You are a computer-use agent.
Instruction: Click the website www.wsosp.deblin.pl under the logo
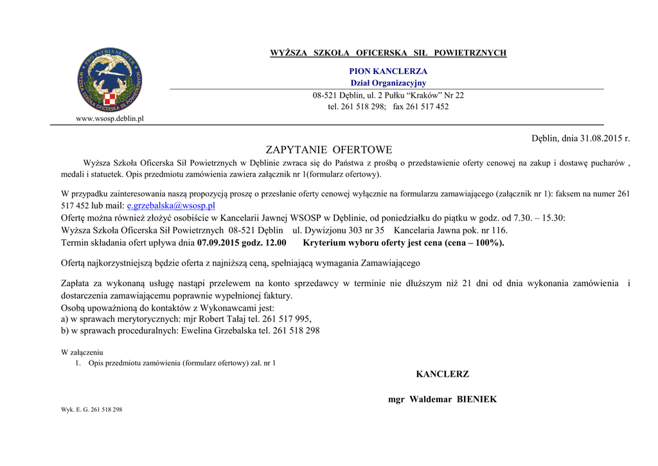point(110,118)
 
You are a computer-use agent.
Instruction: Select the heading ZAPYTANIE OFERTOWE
point(328,150)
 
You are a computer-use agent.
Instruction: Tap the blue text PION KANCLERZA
point(387,71)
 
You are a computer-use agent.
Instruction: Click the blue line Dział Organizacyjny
point(387,83)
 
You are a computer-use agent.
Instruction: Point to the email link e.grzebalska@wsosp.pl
point(171,206)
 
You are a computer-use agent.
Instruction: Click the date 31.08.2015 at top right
point(601,138)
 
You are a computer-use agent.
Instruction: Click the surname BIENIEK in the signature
point(477,399)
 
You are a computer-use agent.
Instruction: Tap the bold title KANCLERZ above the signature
point(442,374)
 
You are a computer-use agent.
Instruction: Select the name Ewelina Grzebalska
point(219,330)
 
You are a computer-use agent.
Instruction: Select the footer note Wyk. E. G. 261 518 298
point(91,409)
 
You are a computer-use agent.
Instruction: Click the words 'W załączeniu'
point(82,352)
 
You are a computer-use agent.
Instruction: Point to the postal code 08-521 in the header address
point(325,95)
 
